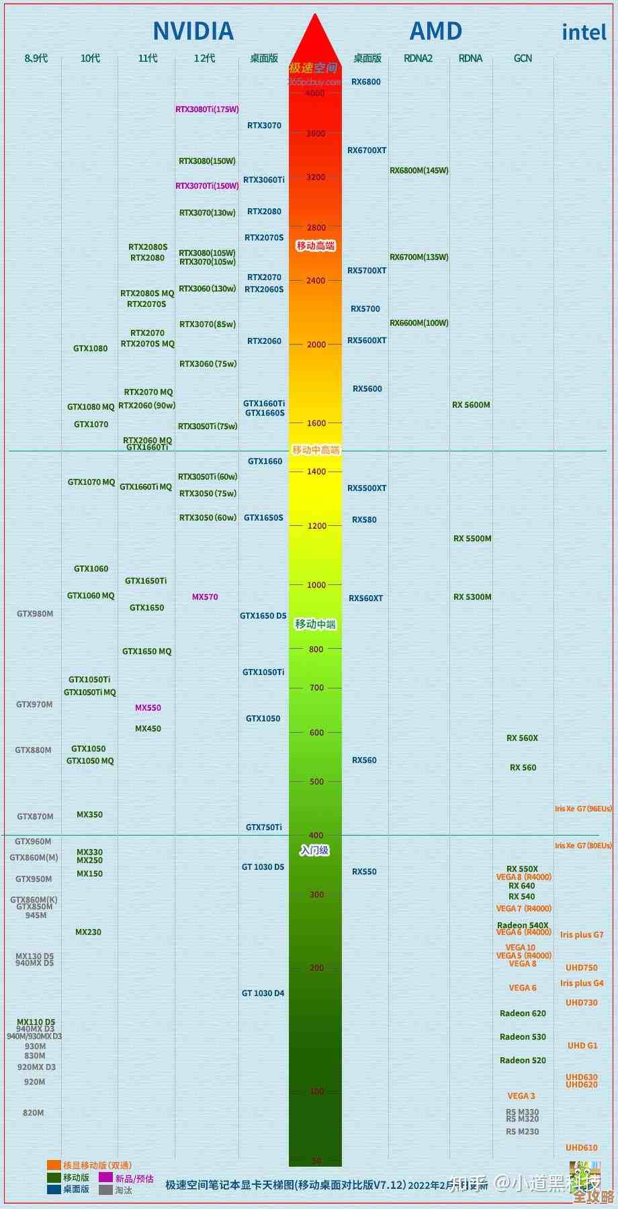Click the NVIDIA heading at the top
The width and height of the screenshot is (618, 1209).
pos(193,31)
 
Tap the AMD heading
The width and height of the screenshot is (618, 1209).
pos(436,31)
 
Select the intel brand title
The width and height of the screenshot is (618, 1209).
pos(584,32)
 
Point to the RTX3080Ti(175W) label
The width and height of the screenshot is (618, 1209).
pos(207,109)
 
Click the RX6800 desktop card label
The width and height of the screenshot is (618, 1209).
pos(366,82)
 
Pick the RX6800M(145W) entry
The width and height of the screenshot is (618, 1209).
pos(419,171)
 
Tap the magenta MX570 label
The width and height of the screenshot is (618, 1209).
pos(205,597)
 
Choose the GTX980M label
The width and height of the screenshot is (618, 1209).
pos(35,614)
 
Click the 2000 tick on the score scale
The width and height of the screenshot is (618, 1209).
pos(316,345)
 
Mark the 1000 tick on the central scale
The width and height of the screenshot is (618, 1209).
pos(316,585)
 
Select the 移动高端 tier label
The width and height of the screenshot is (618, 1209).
pos(316,246)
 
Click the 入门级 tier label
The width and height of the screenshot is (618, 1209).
pos(314,850)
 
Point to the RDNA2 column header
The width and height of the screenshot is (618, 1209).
pos(418,58)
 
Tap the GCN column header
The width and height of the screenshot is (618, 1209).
pos(523,58)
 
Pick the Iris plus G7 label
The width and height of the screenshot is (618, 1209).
pos(582,935)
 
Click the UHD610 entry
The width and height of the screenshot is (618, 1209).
pos(582,1148)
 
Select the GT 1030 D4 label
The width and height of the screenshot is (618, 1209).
pos(263,993)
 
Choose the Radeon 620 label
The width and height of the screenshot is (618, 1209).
pos(523,1014)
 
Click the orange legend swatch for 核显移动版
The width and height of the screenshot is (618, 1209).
pos(54,1165)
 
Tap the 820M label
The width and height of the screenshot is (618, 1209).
pos(34,1113)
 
